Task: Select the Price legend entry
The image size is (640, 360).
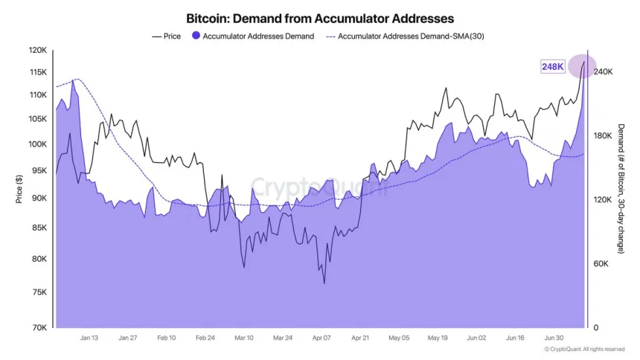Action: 167,36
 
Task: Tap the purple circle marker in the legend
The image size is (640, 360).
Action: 196,36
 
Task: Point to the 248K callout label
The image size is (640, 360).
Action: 553,67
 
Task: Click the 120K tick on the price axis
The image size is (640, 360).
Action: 36,51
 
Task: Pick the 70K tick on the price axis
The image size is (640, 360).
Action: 39,327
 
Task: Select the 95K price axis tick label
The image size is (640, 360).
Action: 39,169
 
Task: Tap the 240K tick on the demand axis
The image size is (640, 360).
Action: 602,71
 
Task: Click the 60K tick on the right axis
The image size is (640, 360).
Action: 601,263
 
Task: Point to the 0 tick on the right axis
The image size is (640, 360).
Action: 595,327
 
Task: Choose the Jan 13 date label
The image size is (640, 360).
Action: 89,338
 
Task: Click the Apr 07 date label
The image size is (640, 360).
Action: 321,338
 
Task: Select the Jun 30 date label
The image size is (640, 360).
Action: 554,338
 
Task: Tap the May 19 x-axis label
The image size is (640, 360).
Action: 437,338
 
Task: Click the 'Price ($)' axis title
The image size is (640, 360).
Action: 18,189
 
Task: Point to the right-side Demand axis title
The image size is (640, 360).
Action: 621,189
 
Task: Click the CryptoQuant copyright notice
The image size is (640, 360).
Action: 584,349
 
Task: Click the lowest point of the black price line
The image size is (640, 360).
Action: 324,283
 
